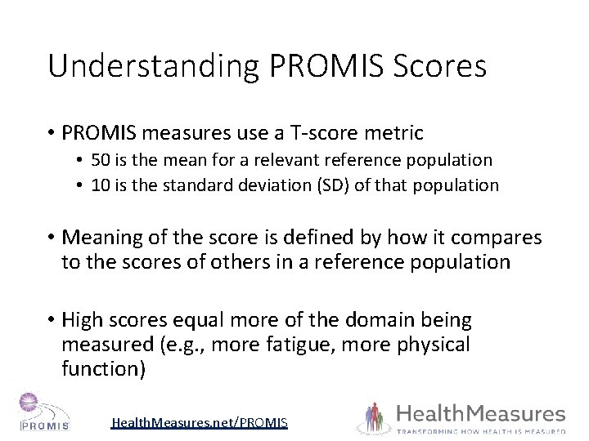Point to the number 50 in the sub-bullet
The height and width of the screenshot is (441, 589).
click(104, 160)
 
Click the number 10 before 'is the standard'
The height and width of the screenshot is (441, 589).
click(103, 185)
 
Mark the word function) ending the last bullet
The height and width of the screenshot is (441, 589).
click(103, 369)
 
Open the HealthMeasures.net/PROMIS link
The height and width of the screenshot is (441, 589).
click(200, 422)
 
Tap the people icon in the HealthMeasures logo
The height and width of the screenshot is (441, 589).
click(375, 417)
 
